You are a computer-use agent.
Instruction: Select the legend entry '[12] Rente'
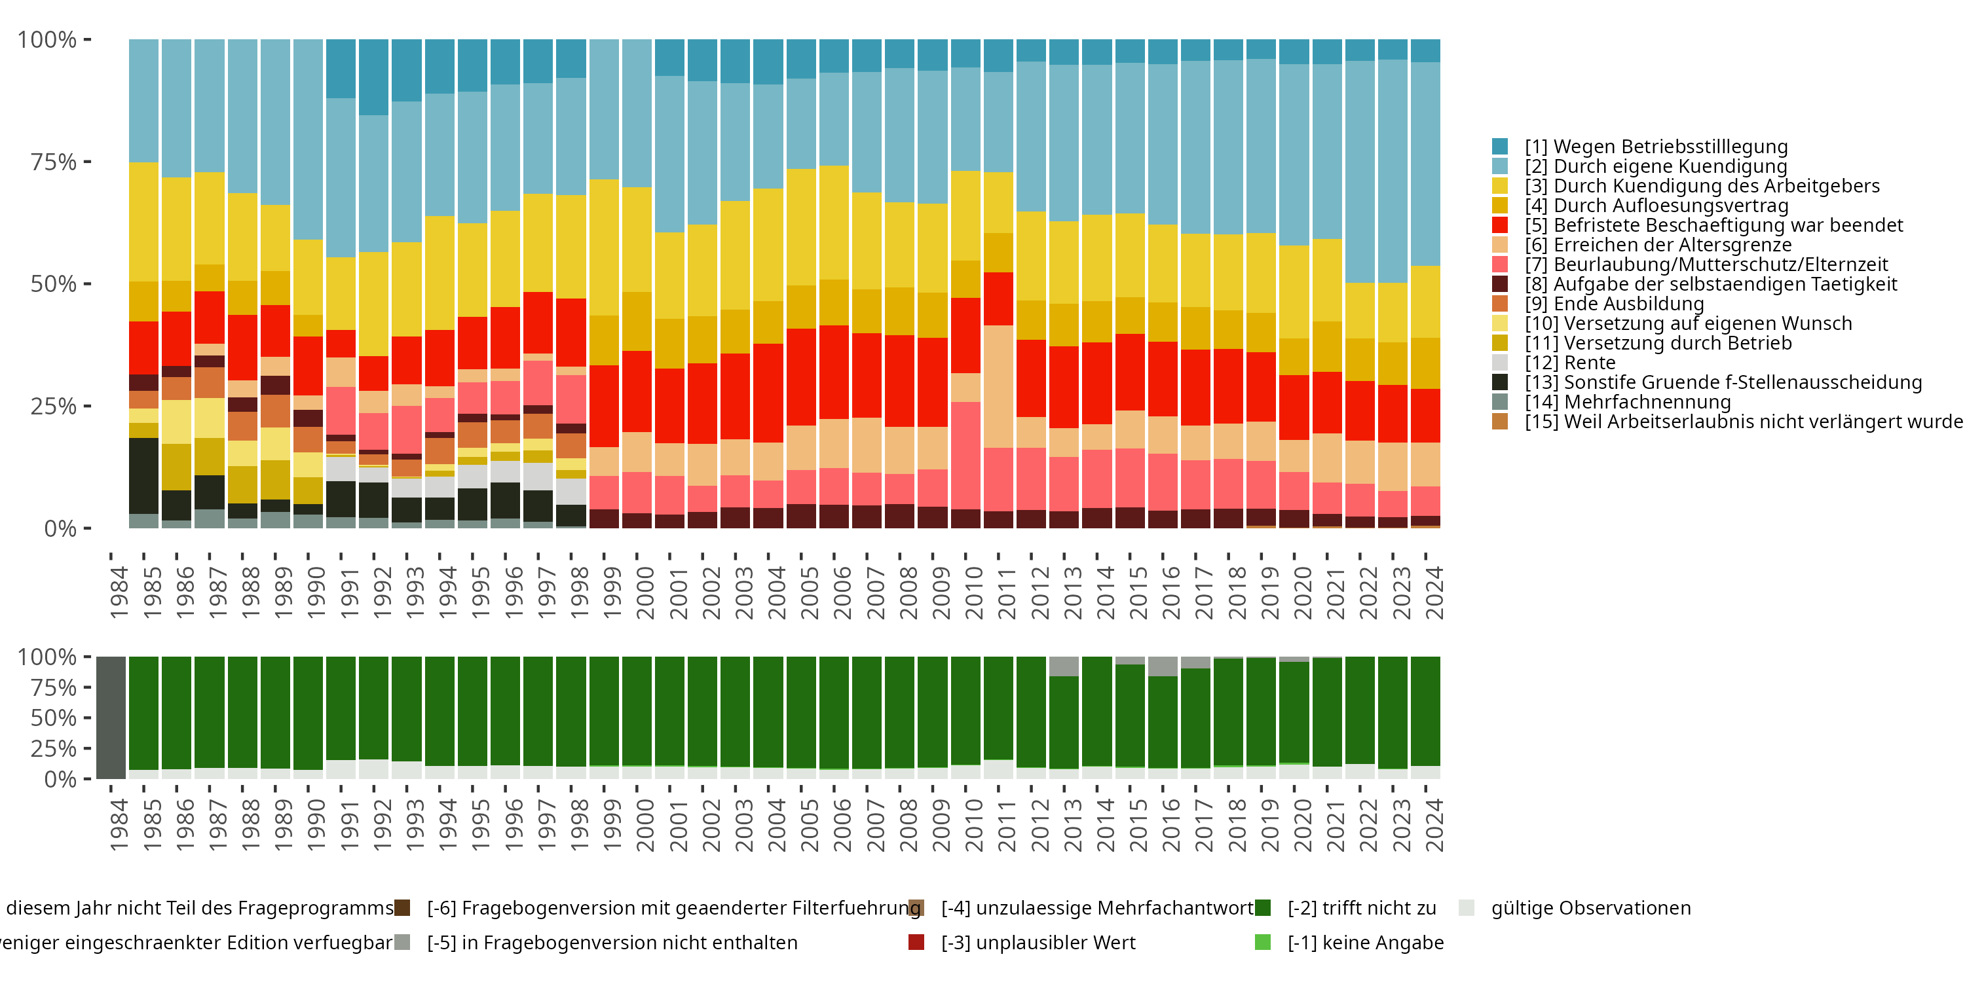pos(1570,363)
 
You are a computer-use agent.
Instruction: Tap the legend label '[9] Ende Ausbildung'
pos(1614,304)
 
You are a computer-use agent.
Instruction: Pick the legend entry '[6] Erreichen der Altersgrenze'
pos(1658,245)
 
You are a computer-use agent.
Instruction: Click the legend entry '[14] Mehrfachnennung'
pos(1627,402)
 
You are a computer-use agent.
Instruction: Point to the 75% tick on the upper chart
pos(54,162)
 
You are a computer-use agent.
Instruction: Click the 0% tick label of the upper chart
pos(60,528)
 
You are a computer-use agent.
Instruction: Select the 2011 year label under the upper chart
pos(1007,593)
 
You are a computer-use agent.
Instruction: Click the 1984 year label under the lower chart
pos(119,825)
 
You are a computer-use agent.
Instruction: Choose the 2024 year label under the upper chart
pos(1434,593)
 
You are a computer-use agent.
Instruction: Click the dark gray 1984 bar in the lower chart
pos(111,718)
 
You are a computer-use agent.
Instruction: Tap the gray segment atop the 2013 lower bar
pos(1063,666)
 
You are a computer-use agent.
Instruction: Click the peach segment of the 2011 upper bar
pos(998,386)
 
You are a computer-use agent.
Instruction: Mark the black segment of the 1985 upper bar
pos(143,476)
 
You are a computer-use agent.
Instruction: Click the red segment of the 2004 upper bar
pos(768,393)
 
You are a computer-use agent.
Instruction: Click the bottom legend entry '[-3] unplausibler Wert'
pos(1038,942)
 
